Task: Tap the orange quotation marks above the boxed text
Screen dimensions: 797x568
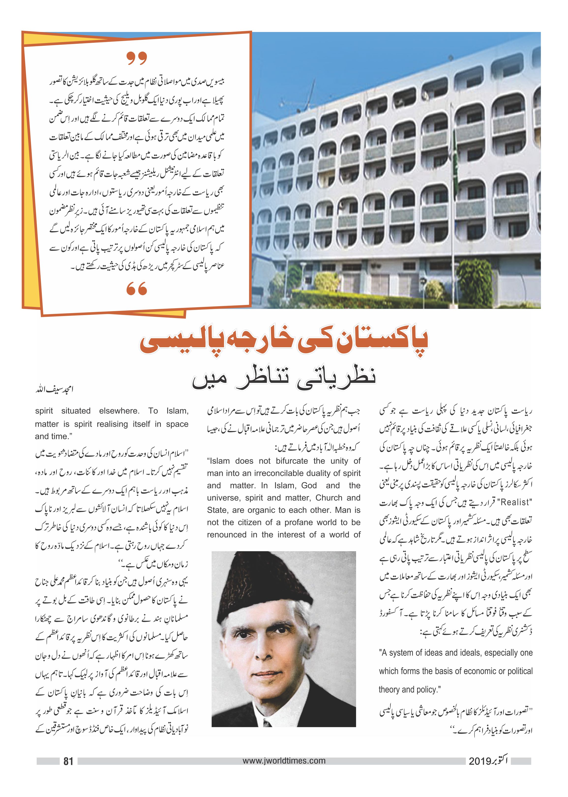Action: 136,58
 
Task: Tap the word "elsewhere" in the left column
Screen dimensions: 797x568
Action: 119,411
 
